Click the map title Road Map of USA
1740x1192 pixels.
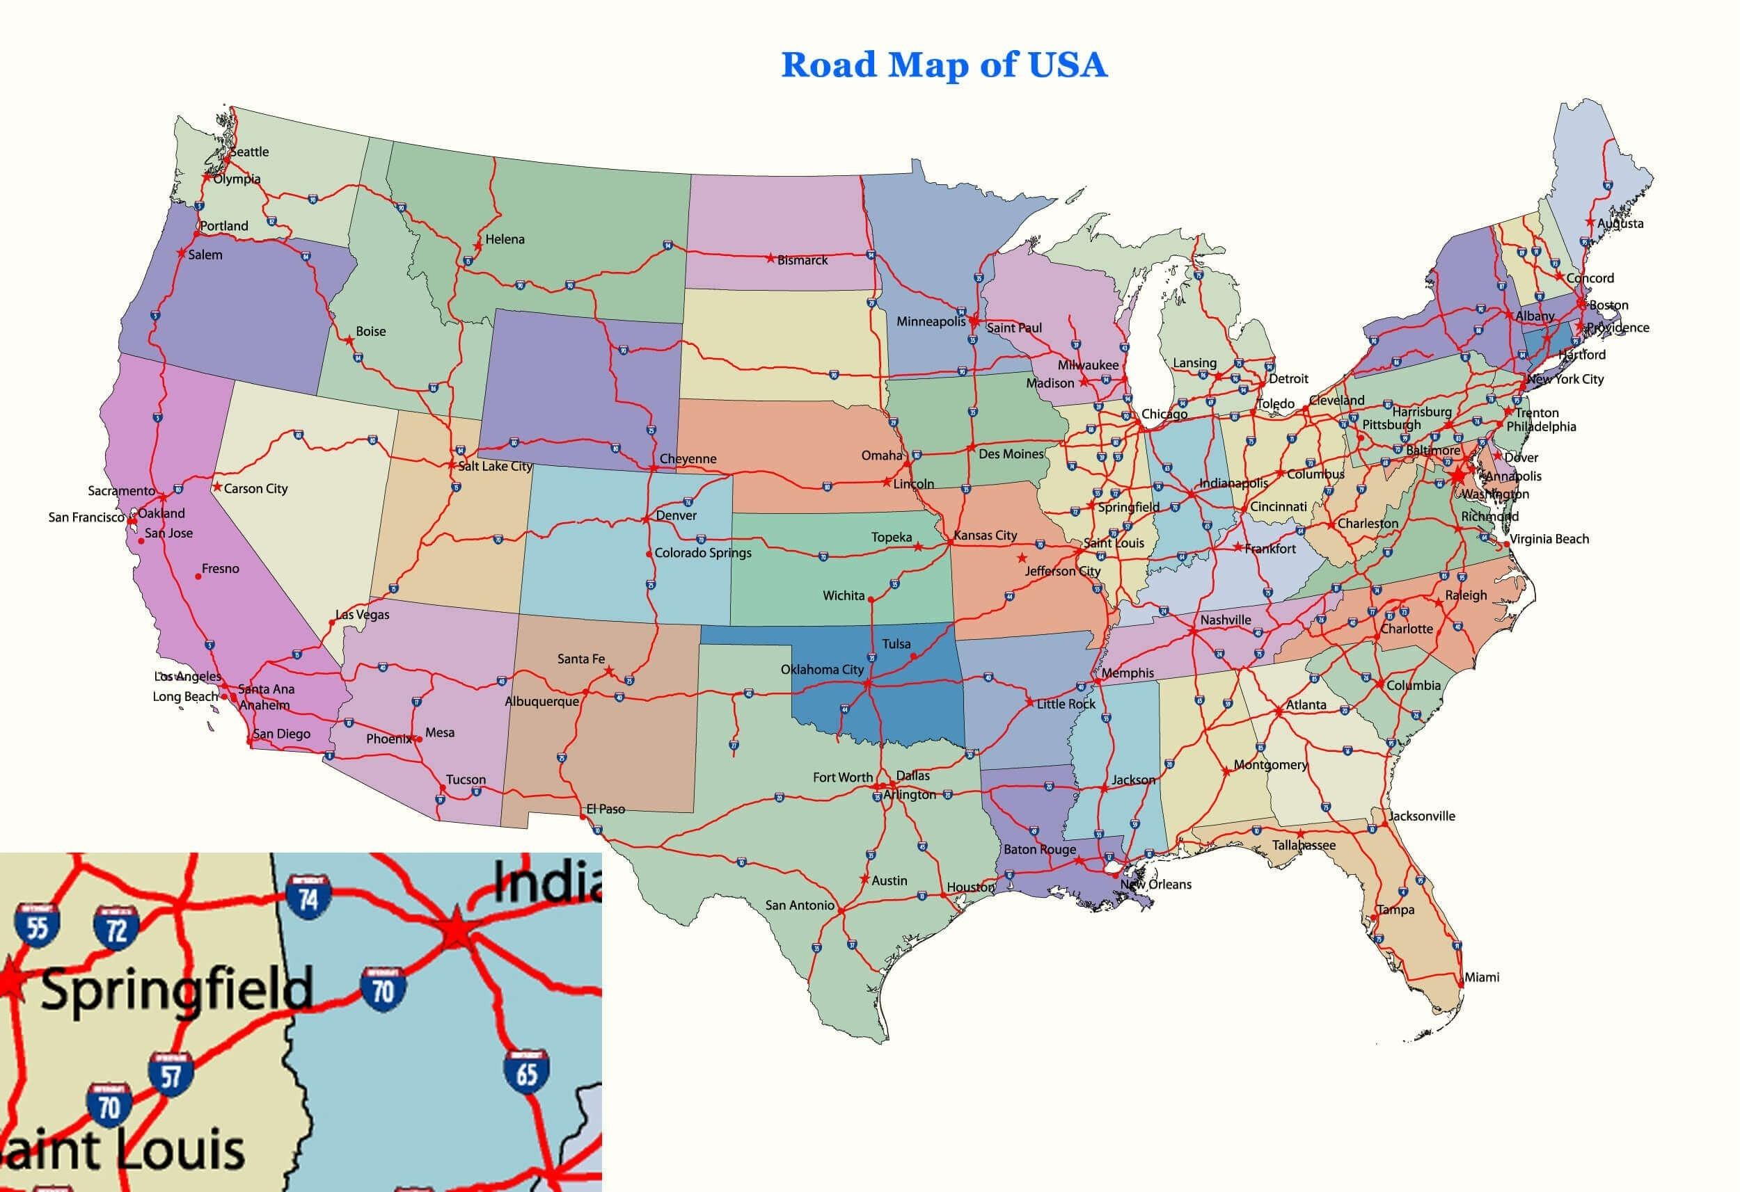point(943,65)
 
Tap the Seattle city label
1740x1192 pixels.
point(249,152)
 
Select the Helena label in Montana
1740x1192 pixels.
point(505,239)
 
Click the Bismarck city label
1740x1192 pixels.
point(802,260)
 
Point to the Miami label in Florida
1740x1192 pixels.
point(1482,977)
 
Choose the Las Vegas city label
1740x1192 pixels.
point(363,615)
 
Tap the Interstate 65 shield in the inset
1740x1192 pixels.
point(526,1072)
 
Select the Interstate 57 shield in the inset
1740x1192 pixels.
point(171,1074)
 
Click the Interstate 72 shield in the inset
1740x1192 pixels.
point(116,928)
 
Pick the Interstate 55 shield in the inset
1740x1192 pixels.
point(37,926)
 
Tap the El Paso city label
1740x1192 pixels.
point(605,809)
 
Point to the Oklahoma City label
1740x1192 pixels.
point(822,670)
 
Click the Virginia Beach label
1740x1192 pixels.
point(1549,539)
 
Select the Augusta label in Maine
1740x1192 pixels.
point(1620,224)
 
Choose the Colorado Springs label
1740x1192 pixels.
point(702,553)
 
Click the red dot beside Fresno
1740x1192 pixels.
point(198,576)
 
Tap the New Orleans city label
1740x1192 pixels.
point(1155,885)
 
